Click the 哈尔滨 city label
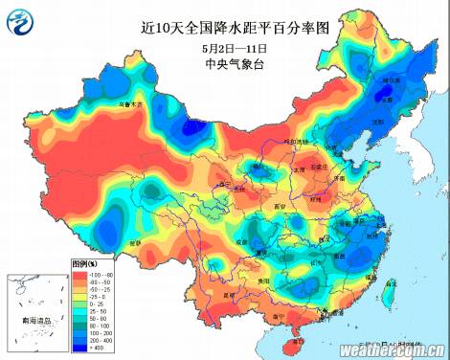[x=391, y=81]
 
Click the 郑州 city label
[x=315, y=199]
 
